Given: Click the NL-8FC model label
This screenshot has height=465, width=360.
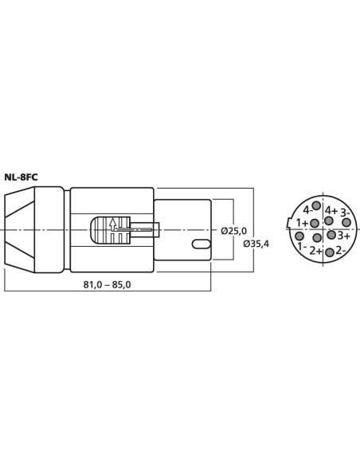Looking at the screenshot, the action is click(21, 178).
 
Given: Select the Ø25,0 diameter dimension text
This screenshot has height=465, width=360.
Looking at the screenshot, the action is click(233, 230).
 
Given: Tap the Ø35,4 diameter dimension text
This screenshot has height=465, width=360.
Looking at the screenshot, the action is click(256, 244).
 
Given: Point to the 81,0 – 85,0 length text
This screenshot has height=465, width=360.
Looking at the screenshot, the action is click(107, 285).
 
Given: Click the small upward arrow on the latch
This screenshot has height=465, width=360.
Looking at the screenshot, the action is click(112, 223).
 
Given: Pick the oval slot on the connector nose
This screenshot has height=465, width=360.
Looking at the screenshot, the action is click(202, 244).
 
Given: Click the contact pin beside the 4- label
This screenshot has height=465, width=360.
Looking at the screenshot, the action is click(317, 205).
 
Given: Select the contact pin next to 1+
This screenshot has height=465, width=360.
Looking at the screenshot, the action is click(315, 223).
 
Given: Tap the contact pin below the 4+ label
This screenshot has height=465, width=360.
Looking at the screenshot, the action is click(328, 221).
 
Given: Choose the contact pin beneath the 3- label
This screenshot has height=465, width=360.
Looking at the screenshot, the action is click(346, 222).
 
